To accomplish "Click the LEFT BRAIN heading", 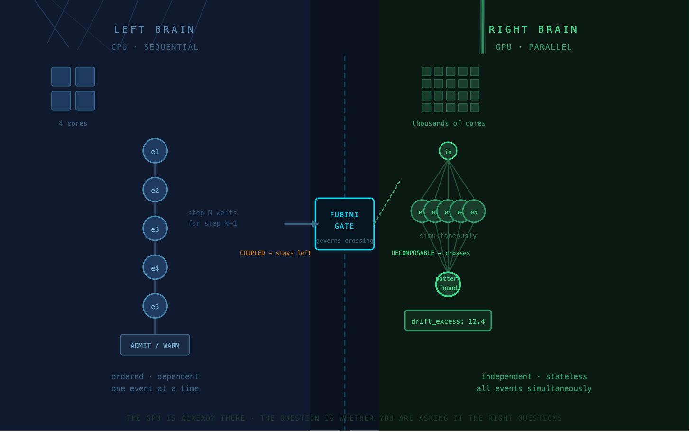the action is [x=155, y=29].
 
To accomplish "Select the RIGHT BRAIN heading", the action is [x=533, y=29].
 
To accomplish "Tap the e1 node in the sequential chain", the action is [x=155, y=151].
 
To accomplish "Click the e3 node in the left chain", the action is [x=155, y=229].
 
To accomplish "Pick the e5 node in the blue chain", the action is [x=155, y=306].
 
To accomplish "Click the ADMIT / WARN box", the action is [x=155, y=345].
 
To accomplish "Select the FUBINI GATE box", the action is [x=345, y=224].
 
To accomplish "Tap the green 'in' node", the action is [x=448, y=151].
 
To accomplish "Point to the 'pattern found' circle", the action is [x=448, y=284].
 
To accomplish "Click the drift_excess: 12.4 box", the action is [x=448, y=321].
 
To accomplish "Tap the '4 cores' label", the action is [x=73, y=123].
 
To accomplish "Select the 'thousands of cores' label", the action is [x=449, y=123].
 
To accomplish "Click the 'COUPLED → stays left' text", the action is [x=276, y=253].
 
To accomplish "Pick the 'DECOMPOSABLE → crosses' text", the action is [x=431, y=253].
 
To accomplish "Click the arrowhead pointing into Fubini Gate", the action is [x=315, y=224].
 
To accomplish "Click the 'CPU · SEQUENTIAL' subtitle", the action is [x=155, y=47].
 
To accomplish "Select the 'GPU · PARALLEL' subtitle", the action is [x=534, y=47].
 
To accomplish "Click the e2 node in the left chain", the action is [x=155, y=190].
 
